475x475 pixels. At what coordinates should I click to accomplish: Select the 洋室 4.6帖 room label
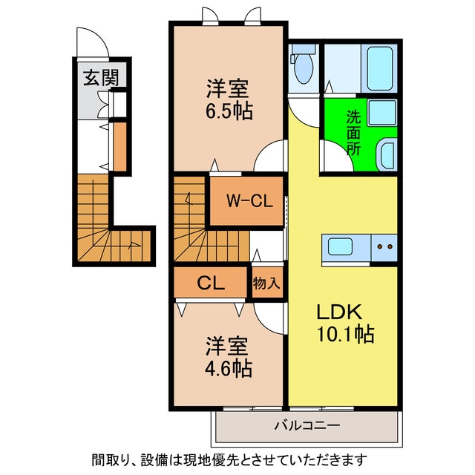point(228,356)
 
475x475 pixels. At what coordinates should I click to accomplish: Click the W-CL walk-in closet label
point(246,200)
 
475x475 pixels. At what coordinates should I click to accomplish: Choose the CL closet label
point(211,282)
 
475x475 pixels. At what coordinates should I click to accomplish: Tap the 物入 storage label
point(266,283)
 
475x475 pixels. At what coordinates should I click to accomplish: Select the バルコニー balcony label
point(307,427)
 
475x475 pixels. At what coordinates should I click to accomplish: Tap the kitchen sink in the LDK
point(344,246)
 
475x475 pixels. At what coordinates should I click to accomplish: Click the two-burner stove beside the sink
point(384,246)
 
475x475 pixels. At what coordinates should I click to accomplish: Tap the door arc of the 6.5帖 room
point(269,157)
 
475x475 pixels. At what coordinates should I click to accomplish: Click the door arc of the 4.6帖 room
point(271,317)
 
